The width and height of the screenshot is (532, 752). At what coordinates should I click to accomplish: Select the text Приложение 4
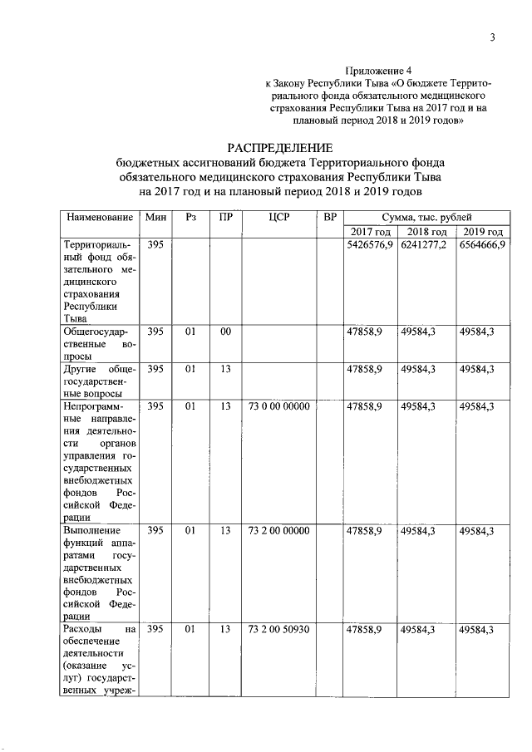(378, 71)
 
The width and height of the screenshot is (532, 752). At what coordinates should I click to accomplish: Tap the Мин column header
(155, 217)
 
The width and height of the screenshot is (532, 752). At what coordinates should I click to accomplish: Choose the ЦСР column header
(279, 217)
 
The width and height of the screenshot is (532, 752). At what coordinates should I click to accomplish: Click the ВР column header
(330, 217)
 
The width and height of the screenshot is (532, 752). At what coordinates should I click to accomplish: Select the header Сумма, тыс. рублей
(426, 217)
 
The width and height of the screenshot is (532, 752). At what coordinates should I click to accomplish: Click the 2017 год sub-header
(370, 232)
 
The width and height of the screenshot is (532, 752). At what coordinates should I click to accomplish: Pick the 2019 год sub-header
(483, 232)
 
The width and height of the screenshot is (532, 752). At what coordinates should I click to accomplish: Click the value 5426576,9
(370, 246)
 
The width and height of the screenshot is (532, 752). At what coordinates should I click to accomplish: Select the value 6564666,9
(483, 246)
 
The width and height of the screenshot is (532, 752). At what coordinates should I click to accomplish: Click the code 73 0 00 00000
(278, 406)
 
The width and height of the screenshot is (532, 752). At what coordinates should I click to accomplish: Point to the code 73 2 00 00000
(278, 530)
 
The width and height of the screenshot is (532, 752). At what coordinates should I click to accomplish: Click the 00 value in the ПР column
(224, 332)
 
